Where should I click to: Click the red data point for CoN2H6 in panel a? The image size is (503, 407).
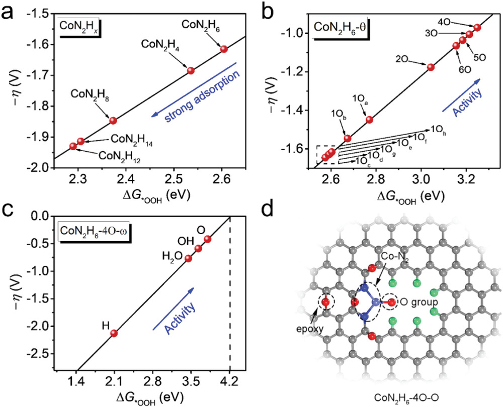pyautogui.click(x=224, y=49)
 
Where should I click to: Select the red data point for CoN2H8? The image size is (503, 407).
pyautogui.click(x=113, y=120)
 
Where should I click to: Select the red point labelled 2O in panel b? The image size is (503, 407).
pyautogui.click(x=430, y=67)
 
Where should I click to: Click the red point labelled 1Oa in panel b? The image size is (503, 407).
pyautogui.click(x=370, y=119)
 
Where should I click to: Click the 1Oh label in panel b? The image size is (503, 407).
pyautogui.click(x=437, y=133)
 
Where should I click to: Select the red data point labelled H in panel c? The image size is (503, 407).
pyautogui.click(x=114, y=333)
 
